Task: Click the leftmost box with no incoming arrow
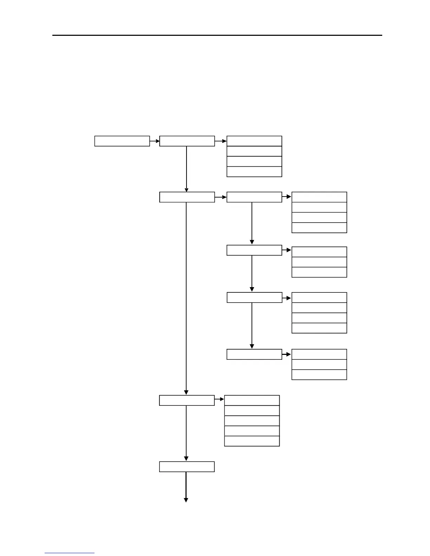click(x=122, y=141)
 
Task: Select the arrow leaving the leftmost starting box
click(x=155, y=141)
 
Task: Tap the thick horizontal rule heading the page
click(x=217, y=35)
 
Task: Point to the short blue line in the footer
click(x=69, y=553)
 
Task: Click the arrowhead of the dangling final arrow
click(x=186, y=500)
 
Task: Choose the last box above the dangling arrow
click(x=187, y=467)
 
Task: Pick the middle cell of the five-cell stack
click(x=252, y=421)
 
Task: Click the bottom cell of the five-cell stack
click(x=252, y=441)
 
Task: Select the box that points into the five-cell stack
click(x=187, y=401)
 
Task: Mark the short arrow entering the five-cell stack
click(x=219, y=399)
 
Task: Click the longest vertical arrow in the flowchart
click(x=186, y=298)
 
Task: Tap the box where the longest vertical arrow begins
click(x=187, y=197)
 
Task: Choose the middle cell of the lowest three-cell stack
click(x=319, y=364)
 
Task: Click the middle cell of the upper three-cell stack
click(x=319, y=262)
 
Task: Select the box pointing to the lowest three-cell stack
click(x=254, y=355)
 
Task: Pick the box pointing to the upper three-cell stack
click(x=254, y=250)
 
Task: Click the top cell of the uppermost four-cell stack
click(x=254, y=141)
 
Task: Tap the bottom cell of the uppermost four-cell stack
click(x=254, y=172)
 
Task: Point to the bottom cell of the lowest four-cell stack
click(x=319, y=328)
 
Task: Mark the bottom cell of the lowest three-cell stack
click(x=319, y=375)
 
